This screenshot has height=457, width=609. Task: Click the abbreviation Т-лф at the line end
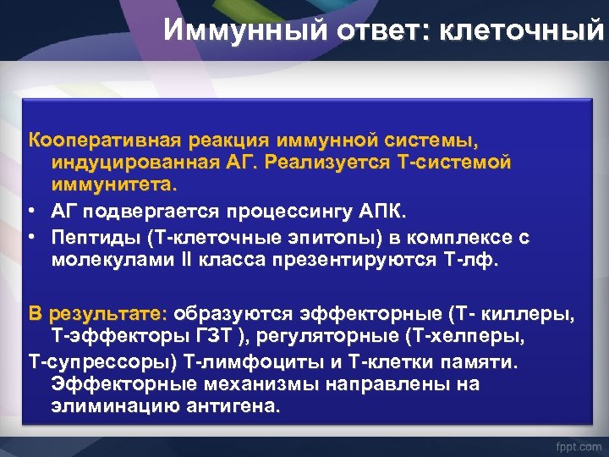[473, 261]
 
